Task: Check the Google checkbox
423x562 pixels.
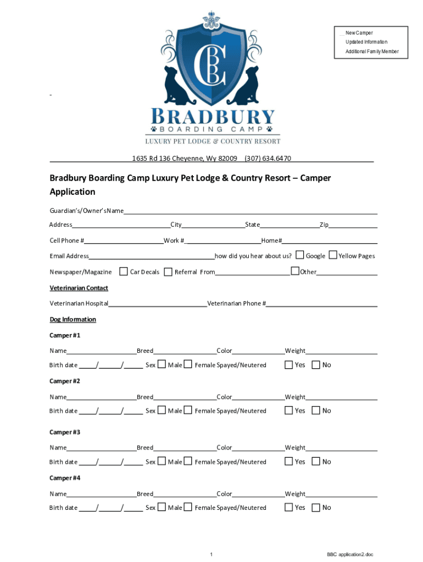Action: [300, 255]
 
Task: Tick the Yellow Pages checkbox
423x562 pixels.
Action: [333, 255]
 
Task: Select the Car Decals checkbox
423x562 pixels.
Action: [124, 271]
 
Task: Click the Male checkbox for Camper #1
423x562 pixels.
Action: [162, 364]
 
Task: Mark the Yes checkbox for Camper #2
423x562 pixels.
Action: [288, 411]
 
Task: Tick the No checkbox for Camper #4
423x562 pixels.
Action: [315, 508]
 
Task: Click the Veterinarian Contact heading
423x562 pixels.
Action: [79, 288]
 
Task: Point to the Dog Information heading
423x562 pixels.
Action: [73, 319]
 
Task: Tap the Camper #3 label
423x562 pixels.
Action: [65, 432]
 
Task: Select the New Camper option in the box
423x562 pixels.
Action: [359, 33]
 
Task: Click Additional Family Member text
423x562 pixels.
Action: [372, 52]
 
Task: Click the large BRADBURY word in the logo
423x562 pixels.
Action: [213, 117]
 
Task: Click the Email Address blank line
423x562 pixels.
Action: [151, 256]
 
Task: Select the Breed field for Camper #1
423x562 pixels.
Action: [185, 351]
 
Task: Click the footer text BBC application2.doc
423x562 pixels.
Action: [349, 554]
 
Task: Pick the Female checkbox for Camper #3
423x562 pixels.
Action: [188, 462]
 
